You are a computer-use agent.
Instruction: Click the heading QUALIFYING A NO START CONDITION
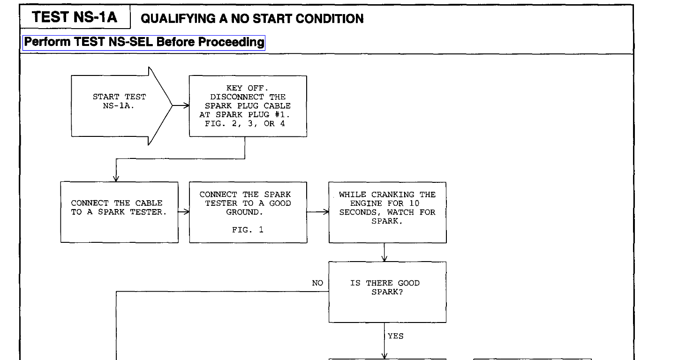coord(252,19)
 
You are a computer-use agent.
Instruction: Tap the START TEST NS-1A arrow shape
coord(120,106)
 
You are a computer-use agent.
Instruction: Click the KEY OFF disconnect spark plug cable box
coord(248,106)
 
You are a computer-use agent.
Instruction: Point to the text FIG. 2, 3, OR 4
coord(248,124)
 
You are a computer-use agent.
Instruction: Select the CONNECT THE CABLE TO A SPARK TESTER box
coord(119,212)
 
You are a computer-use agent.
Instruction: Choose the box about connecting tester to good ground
coord(248,212)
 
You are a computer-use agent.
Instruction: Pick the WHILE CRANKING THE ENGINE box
coord(387,212)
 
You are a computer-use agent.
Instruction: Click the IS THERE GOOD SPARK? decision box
coord(387,292)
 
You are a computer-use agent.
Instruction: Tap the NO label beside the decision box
coord(317,283)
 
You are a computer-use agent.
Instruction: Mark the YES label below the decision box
coord(396,336)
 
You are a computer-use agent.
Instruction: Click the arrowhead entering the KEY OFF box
coord(184,106)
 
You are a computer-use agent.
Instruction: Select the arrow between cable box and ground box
coord(184,212)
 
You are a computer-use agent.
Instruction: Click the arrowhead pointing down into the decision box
coord(385,258)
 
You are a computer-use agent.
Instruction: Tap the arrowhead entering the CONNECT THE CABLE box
coord(116,178)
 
